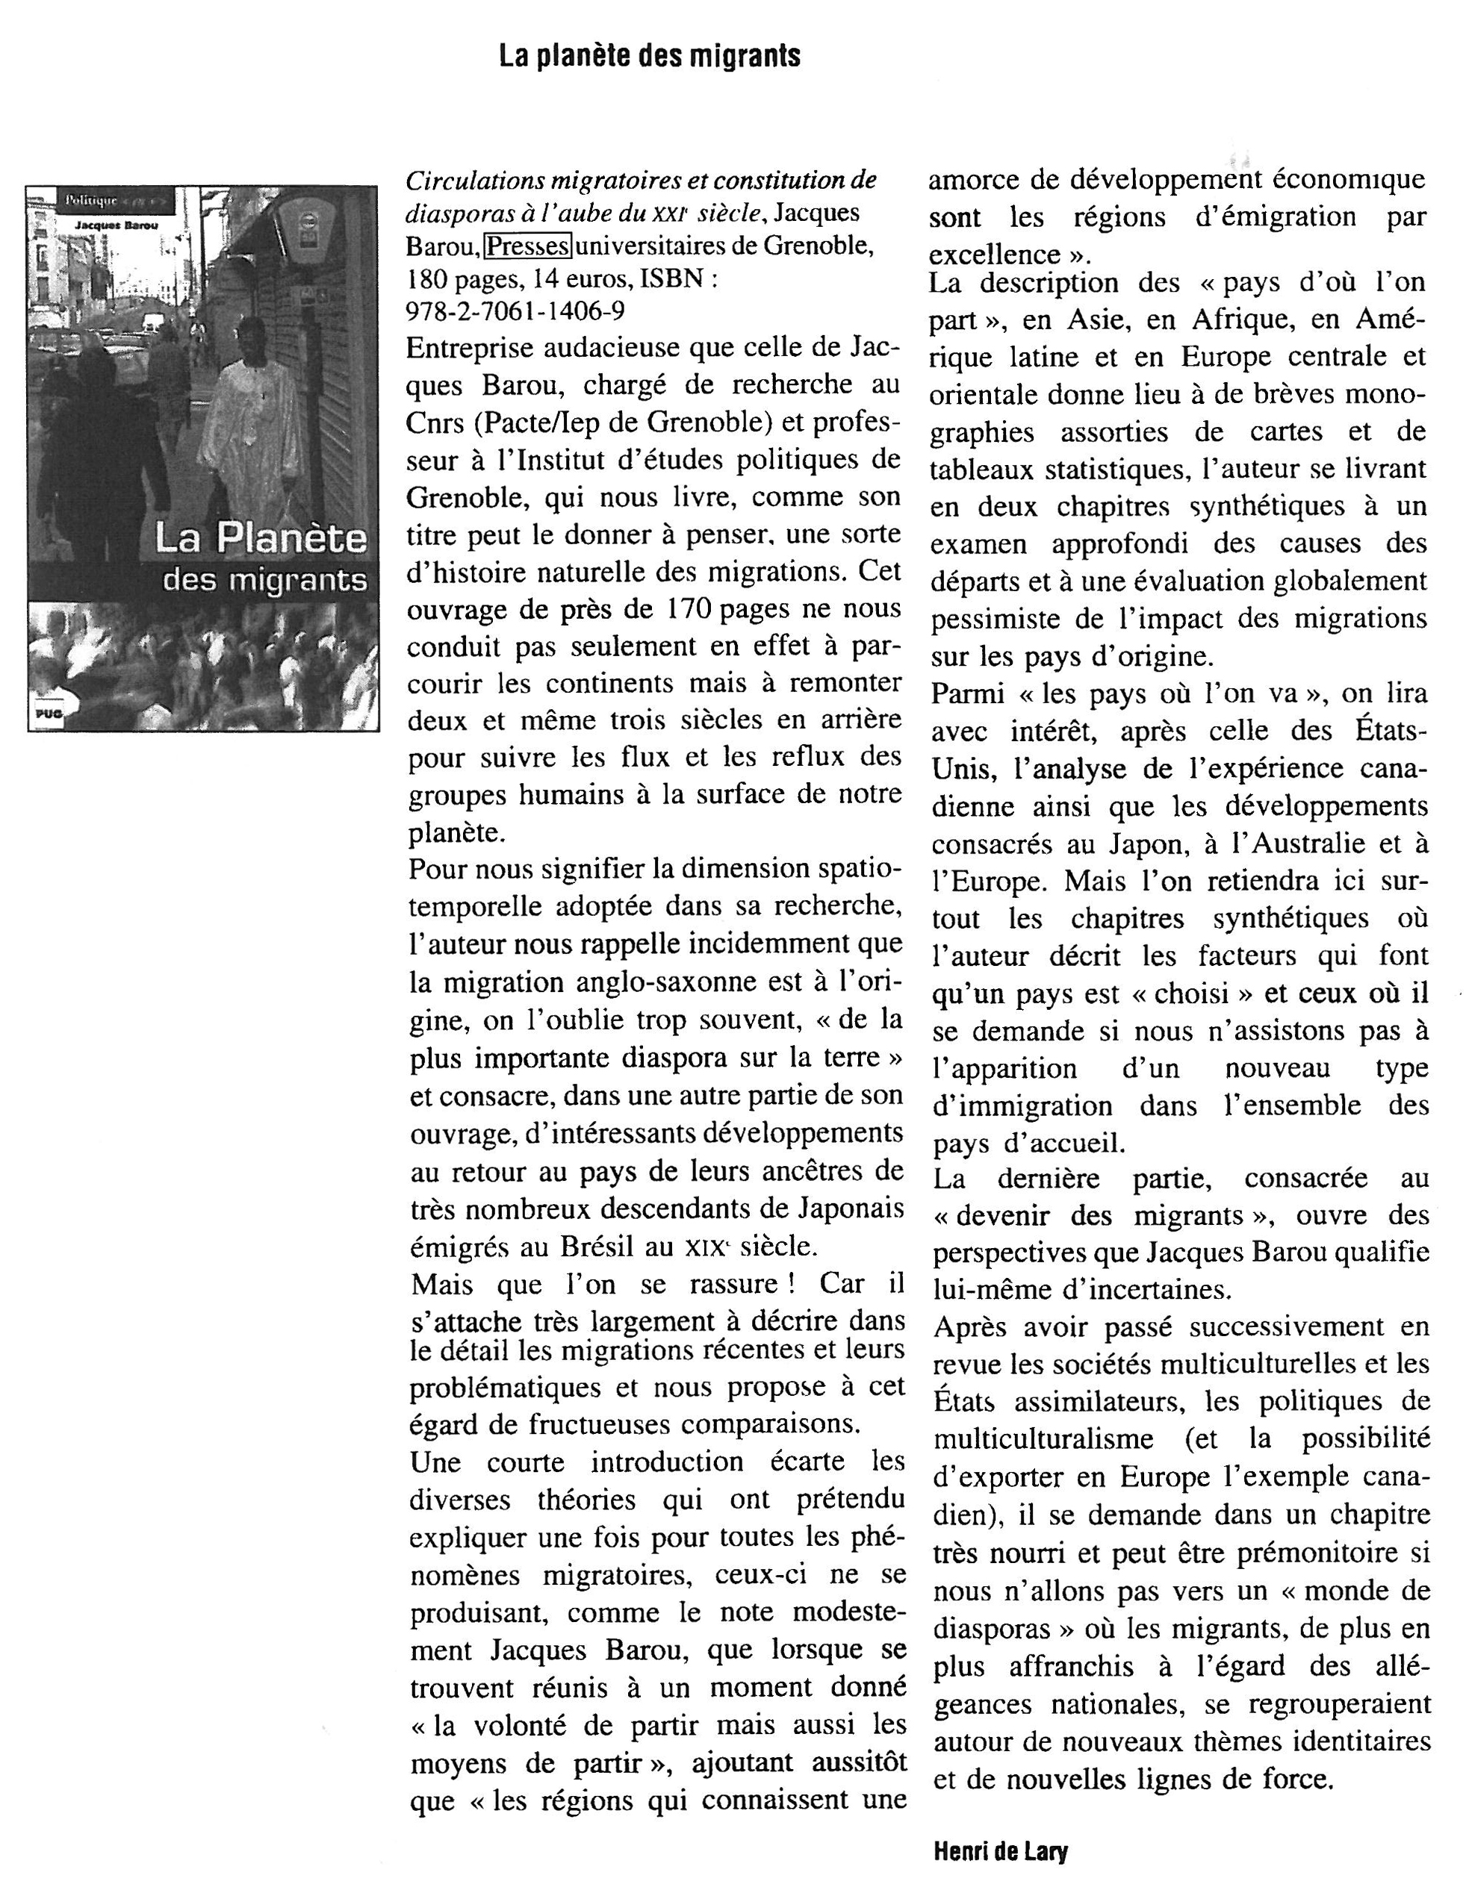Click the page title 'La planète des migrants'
coord(649,56)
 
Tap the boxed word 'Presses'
coord(527,247)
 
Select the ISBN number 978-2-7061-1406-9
coord(515,311)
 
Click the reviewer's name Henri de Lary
coord(1001,1852)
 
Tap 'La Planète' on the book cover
coord(260,538)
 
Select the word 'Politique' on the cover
coord(90,201)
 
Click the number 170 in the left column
coord(689,609)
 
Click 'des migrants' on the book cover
coord(264,580)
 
